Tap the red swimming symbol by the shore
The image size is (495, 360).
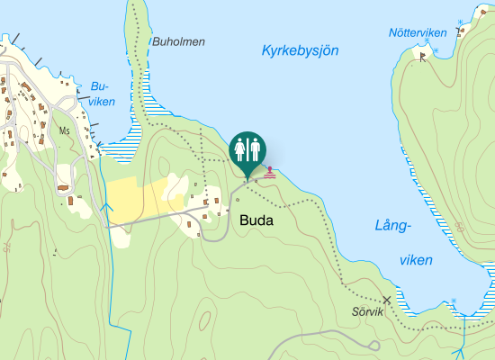(270, 171)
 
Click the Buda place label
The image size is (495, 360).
(256, 220)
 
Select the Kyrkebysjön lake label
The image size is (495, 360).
(300, 50)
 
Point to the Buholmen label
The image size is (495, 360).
(179, 41)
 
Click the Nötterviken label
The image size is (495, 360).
(417, 33)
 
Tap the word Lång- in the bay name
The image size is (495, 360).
(393, 226)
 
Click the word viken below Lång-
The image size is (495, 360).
(416, 260)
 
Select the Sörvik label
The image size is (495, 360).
(367, 312)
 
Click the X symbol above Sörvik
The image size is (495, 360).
(387, 300)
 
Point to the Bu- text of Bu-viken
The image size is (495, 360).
(99, 86)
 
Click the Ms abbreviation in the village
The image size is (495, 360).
(64, 130)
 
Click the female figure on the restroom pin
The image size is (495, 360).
(240, 148)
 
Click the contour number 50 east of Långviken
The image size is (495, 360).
(490, 270)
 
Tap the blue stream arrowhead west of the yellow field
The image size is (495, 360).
(106, 208)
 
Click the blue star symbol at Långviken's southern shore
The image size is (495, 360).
(454, 301)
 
